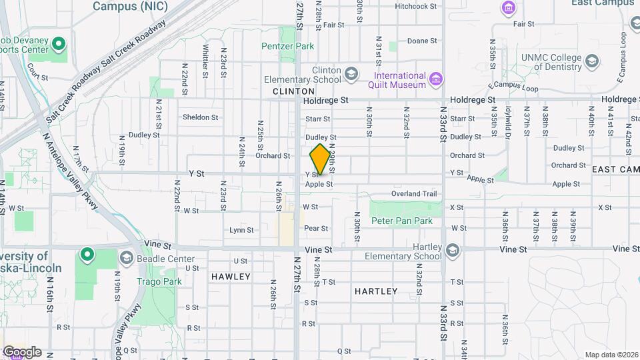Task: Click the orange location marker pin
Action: tap(320, 159)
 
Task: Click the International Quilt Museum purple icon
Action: tap(436, 80)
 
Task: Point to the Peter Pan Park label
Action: tap(402, 221)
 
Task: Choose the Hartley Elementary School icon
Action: tap(453, 251)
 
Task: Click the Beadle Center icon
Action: tap(126, 258)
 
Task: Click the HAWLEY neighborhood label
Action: tap(231, 276)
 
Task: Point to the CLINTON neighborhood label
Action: tap(293, 91)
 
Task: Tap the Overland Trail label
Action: tap(414, 194)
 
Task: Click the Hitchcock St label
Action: tap(415, 6)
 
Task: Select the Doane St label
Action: tap(422, 41)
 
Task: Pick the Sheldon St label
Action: tap(201, 117)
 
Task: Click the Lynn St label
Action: tap(241, 230)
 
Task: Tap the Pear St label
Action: tap(316, 228)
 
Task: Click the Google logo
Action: tap(22, 352)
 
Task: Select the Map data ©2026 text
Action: tap(611, 355)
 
